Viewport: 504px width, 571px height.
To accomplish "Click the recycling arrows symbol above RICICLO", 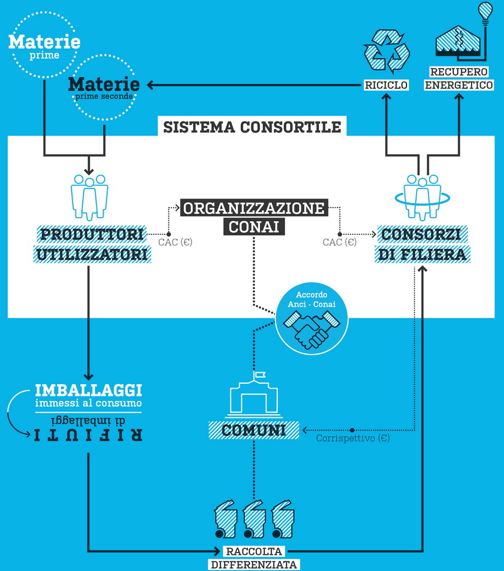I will coord(386,52).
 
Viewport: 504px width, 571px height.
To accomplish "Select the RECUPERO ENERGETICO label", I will coord(459,79).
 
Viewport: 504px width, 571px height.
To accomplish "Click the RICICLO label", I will coord(386,85).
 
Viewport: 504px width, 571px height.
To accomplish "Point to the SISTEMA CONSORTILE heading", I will coord(252,127).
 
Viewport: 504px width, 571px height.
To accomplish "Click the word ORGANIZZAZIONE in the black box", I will coord(253,209).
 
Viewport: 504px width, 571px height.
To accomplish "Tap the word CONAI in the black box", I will coord(253,227).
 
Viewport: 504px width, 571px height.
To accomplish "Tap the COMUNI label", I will coord(254,430).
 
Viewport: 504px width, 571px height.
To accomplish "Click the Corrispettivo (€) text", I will coord(353,438).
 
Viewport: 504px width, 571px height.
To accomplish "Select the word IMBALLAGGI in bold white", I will coord(88,389).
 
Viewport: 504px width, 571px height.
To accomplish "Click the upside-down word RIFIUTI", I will coord(88,435).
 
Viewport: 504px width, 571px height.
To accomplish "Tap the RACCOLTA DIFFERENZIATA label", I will coord(254,558).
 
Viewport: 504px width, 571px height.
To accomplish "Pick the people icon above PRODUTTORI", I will coord(89,196).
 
